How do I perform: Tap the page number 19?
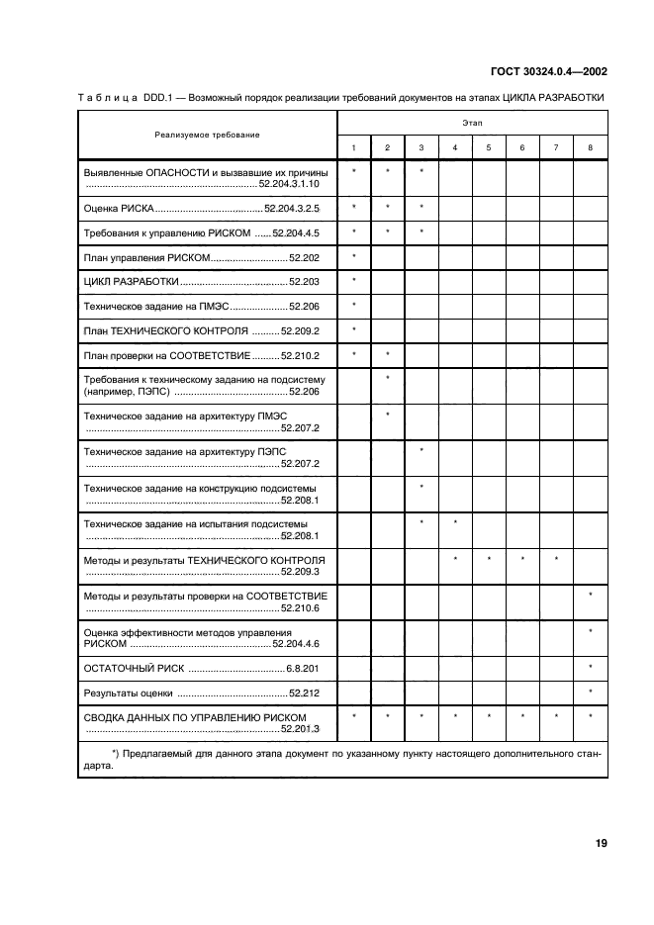pos(601,843)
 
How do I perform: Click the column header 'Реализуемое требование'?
pos(207,134)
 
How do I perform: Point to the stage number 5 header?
pos(488,148)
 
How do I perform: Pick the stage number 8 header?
pos(590,148)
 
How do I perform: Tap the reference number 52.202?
pos(304,257)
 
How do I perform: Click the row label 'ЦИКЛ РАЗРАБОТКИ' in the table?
pos(132,282)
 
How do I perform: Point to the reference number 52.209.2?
pos(300,330)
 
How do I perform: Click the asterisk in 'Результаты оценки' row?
pos(590,691)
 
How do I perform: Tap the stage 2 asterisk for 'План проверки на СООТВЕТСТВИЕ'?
pos(387,353)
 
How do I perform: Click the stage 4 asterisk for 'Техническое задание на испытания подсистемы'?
pos(454,522)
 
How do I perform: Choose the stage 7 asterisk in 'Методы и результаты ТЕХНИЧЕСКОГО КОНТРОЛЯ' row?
pos(556,560)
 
